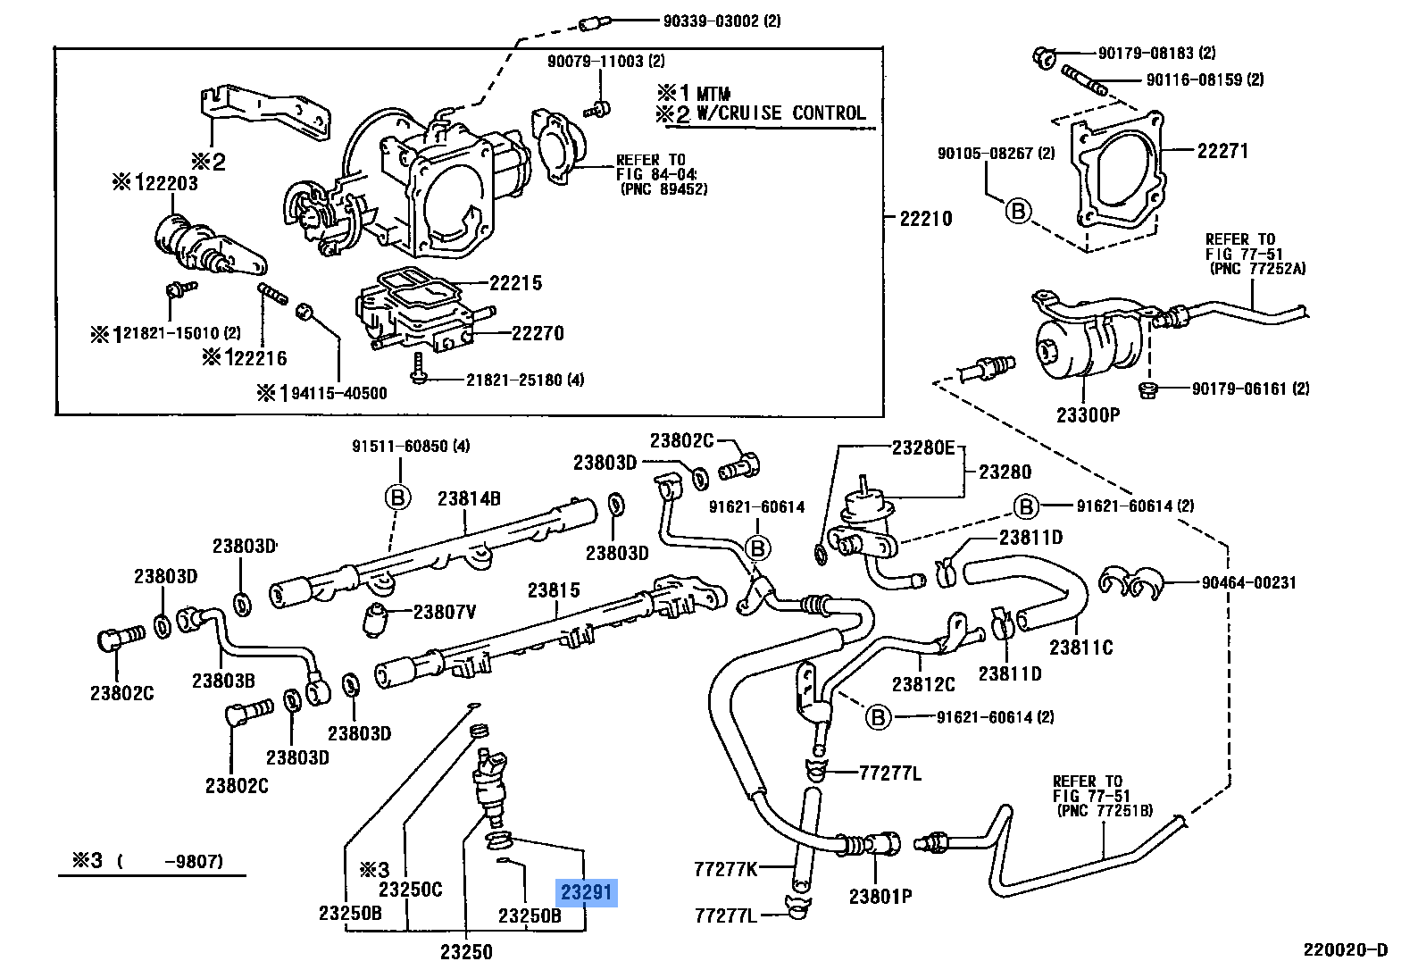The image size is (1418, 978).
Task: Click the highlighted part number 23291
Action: pos(587,892)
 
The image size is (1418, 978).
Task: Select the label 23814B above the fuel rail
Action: pos(468,499)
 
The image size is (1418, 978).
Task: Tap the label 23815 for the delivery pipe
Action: pos(553,590)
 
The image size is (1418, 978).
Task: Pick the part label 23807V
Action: pos(444,612)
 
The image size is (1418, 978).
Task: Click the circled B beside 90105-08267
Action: pos(1018,212)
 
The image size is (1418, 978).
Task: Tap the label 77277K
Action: pos(724,867)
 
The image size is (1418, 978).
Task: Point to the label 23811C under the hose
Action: pos(1080,648)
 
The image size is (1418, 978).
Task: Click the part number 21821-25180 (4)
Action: pos(524,380)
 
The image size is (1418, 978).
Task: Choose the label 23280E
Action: pos(922,448)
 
